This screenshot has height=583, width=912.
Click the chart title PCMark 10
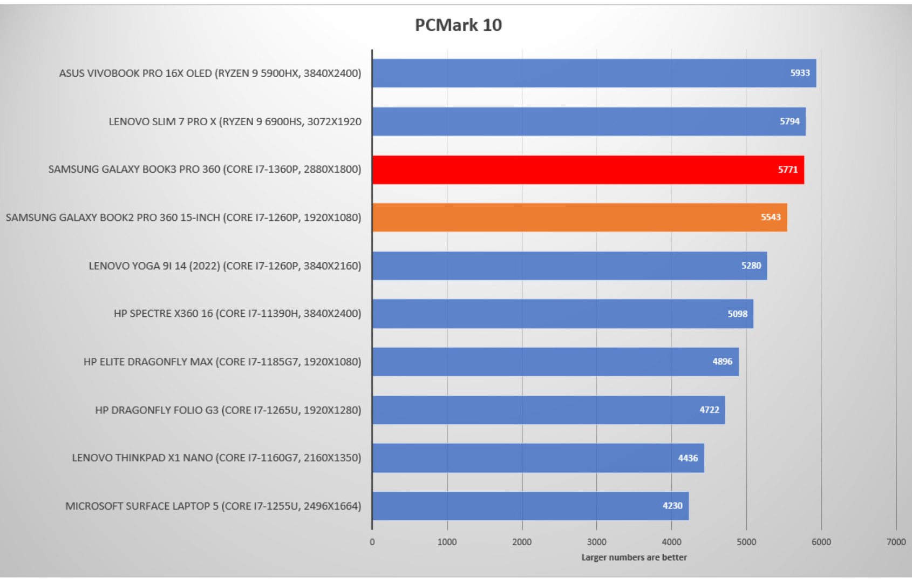tap(458, 25)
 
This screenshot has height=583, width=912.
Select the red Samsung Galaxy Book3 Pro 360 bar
tap(588, 170)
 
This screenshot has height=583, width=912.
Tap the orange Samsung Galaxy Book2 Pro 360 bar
tap(579, 218)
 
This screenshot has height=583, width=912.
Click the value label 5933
tap(800, 73)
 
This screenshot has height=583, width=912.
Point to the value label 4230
tap(672, 506)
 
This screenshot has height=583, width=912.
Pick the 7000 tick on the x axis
tap(896, 542)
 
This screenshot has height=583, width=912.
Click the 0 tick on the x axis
tap(372, 542)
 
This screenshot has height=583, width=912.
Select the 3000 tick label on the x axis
tap(596, 542)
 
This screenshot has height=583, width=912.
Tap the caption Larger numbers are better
tap(634, 557)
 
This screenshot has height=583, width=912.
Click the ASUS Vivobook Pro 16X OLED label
tap(210, 73)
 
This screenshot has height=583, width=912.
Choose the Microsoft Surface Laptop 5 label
tap(213, 506)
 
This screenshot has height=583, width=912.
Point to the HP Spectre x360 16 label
tap(237, 314)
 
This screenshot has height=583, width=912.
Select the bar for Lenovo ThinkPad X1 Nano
tap(537, 458)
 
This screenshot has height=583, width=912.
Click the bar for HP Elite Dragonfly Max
tap(555, 362)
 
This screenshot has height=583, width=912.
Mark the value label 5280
tap(751, 266)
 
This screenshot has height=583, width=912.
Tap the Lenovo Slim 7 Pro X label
tap(235, 121)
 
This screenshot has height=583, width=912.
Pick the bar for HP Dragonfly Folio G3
tap(548, 410)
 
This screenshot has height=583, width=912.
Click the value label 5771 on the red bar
tap(787, 170)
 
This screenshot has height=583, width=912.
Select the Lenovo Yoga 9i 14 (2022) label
tap(224, 266)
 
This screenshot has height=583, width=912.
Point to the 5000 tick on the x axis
tap(746, 542)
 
